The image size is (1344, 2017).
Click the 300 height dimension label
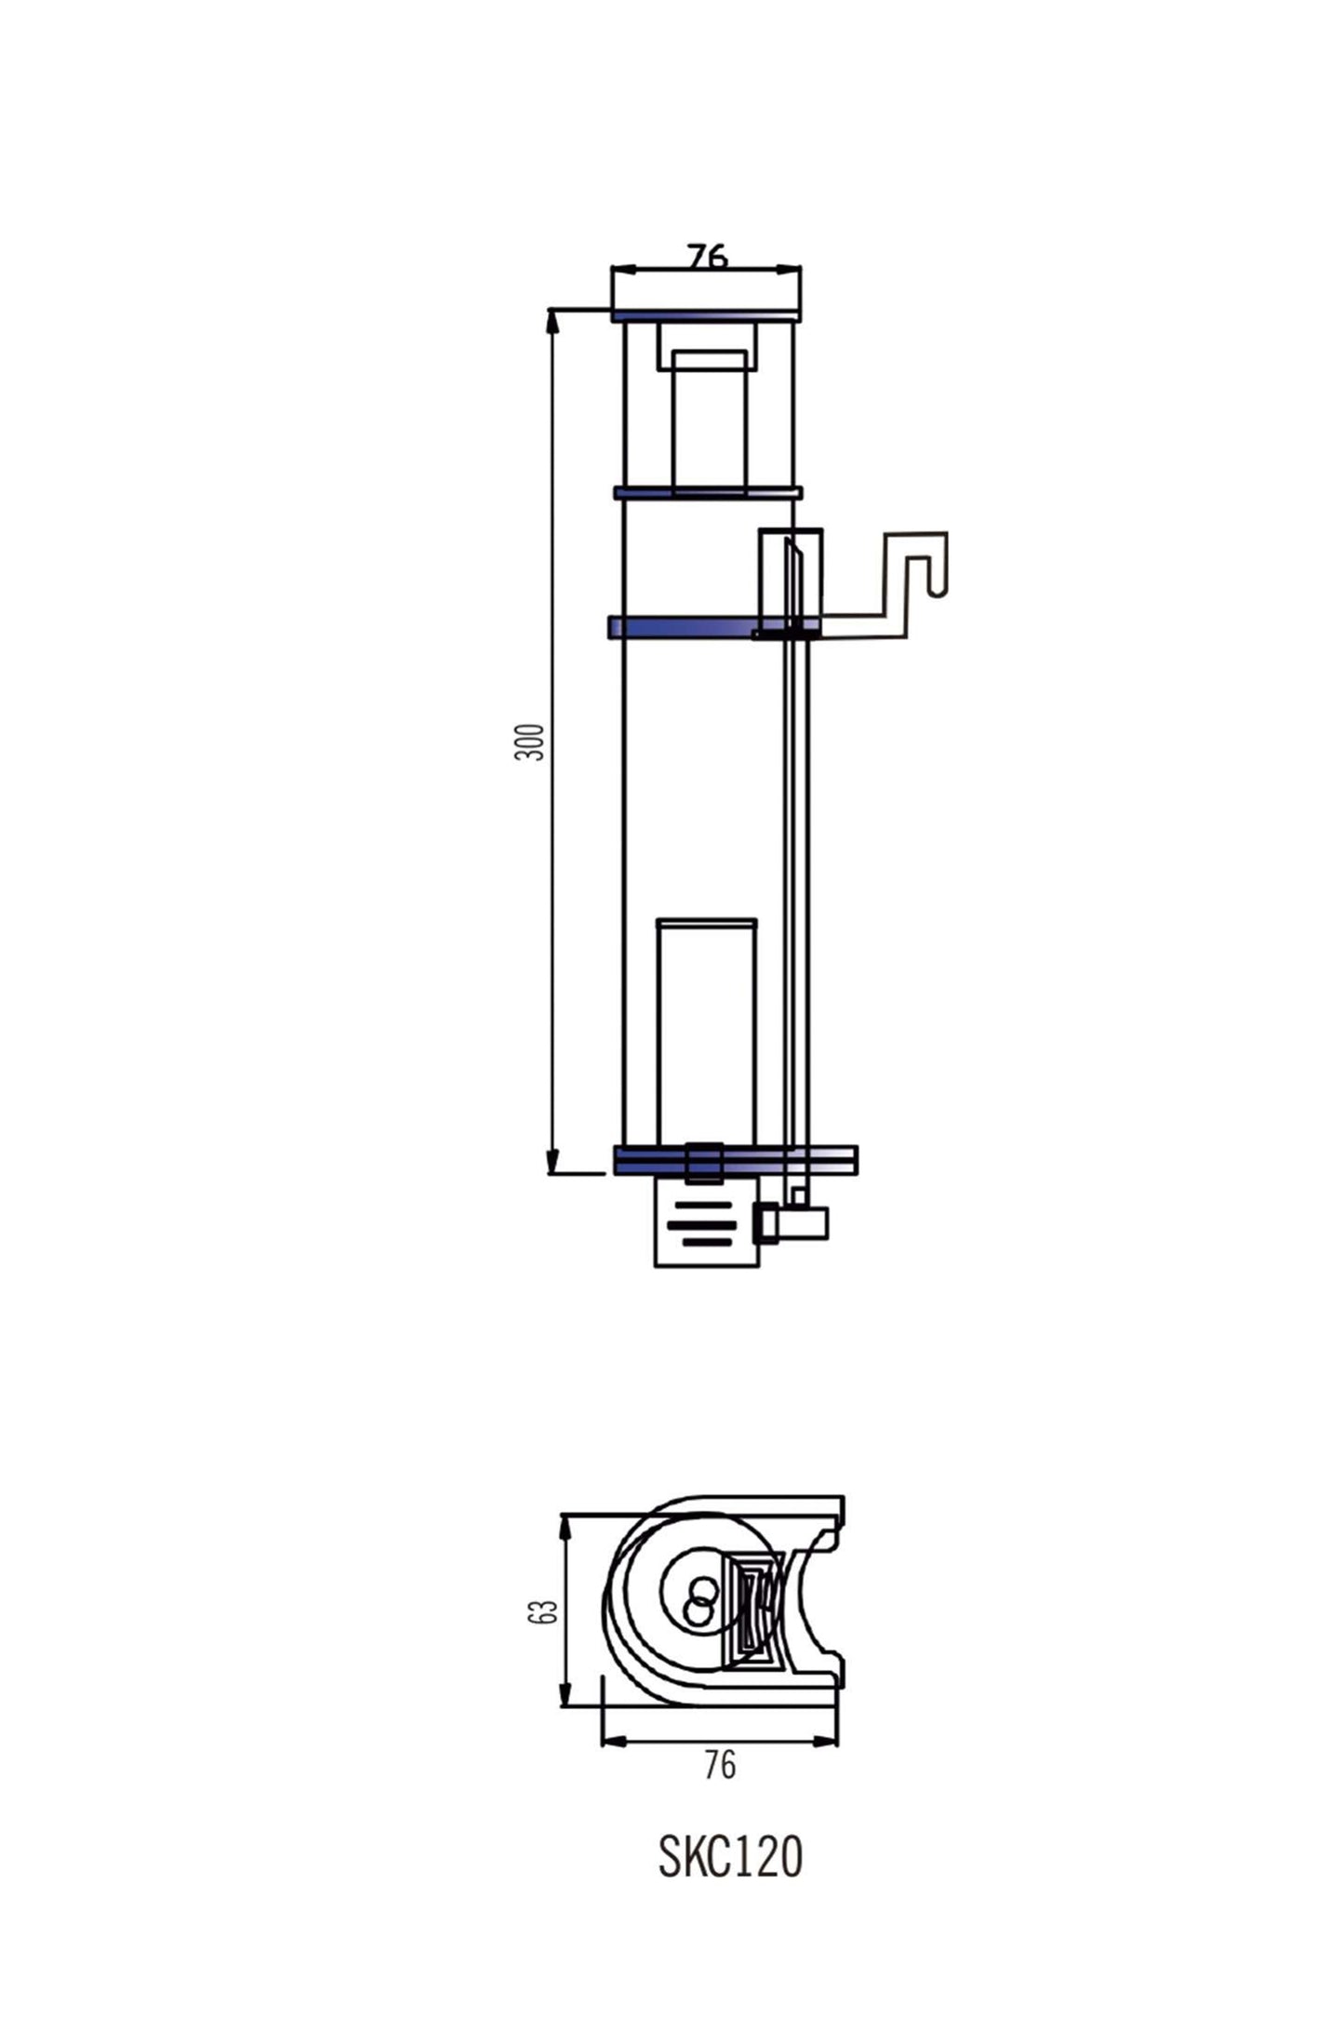(529, 741)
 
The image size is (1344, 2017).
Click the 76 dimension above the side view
(707, 256)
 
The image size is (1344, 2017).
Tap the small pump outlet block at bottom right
(792, 1222)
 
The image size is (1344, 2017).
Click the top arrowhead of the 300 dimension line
(552, 318)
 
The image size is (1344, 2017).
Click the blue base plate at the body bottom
(735, 1159)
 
